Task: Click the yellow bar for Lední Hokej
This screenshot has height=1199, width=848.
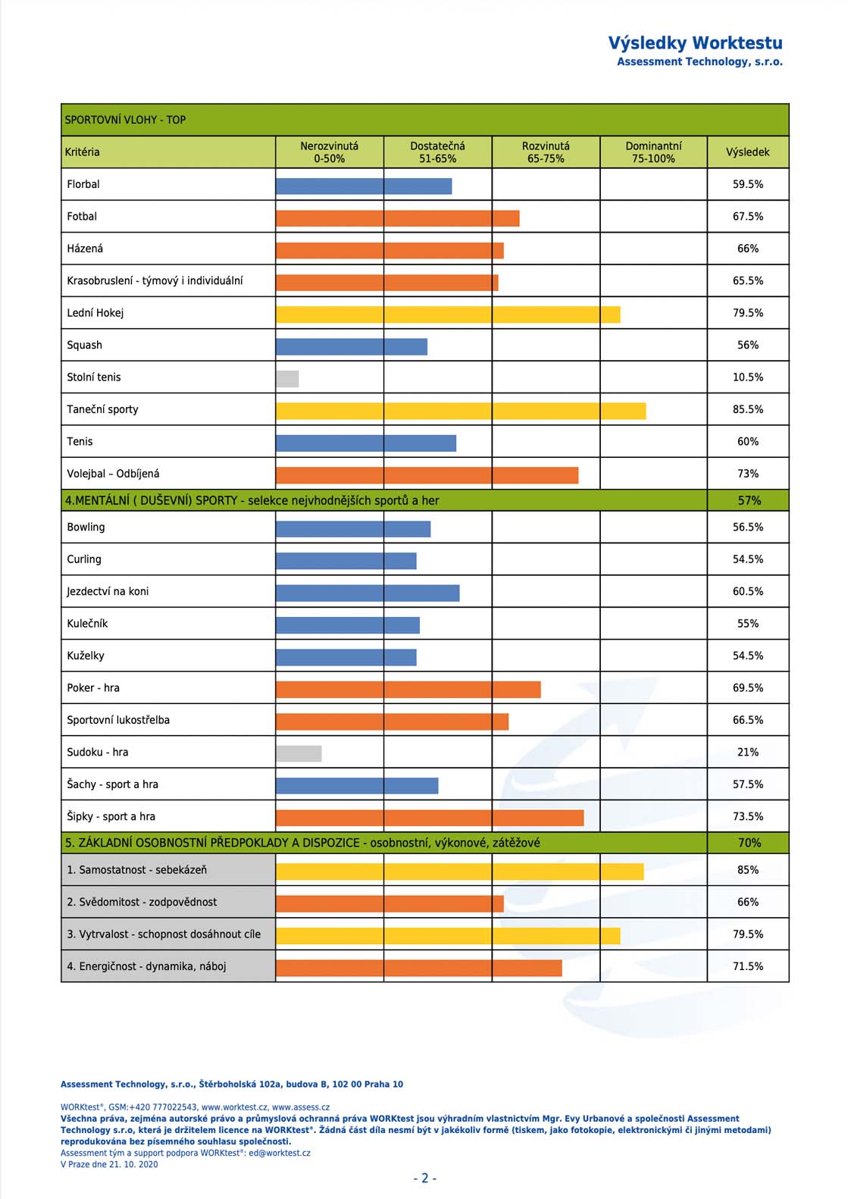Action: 448,315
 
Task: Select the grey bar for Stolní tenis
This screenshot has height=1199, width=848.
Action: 287,379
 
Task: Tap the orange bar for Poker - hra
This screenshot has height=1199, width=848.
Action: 408,690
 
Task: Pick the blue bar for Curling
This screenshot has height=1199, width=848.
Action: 346,561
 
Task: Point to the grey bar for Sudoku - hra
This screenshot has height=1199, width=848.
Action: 299,753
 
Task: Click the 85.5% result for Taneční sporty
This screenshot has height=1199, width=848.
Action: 748,409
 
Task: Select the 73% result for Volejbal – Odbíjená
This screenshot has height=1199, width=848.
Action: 748,474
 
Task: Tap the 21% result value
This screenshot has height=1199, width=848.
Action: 748,752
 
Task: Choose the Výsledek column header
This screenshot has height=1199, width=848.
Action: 748,152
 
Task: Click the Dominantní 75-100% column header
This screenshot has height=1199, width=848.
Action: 654,152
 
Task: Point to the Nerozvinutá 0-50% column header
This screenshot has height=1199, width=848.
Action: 329,152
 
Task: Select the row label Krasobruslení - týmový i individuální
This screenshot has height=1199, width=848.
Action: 155,281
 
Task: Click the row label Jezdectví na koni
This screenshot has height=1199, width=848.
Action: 108,591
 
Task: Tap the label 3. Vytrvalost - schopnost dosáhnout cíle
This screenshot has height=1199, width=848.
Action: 164,934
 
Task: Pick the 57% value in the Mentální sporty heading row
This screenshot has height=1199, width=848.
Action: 749,500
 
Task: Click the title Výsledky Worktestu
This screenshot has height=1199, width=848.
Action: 695,42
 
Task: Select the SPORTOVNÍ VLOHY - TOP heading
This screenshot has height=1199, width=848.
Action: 125,120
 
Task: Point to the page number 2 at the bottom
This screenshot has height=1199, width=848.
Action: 425,1178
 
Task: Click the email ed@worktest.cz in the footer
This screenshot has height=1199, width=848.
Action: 280,1153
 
